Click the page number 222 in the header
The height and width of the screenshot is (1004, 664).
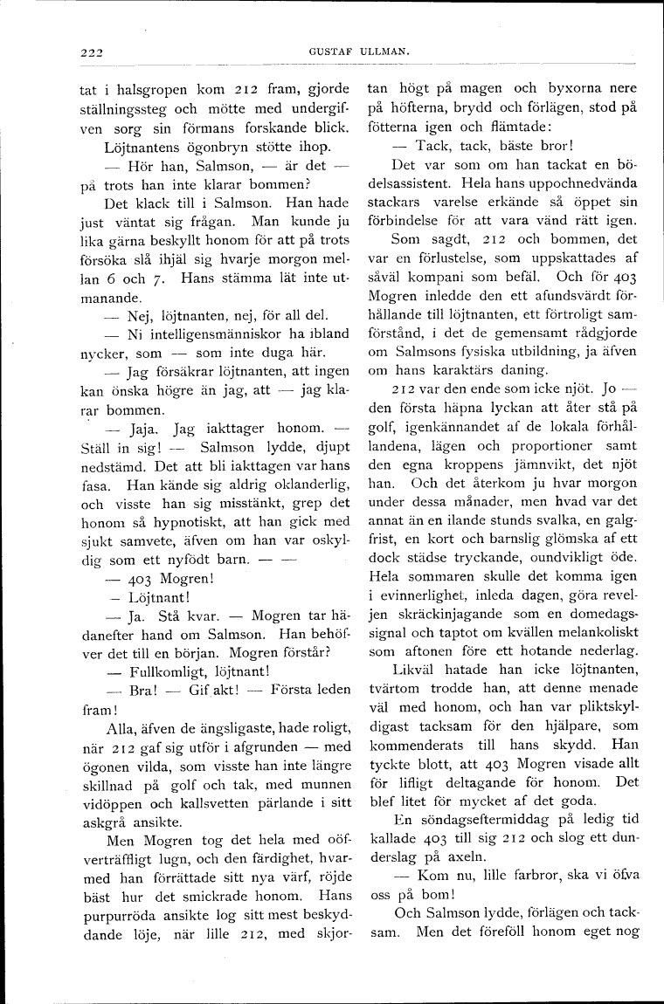(x=86, y=52)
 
